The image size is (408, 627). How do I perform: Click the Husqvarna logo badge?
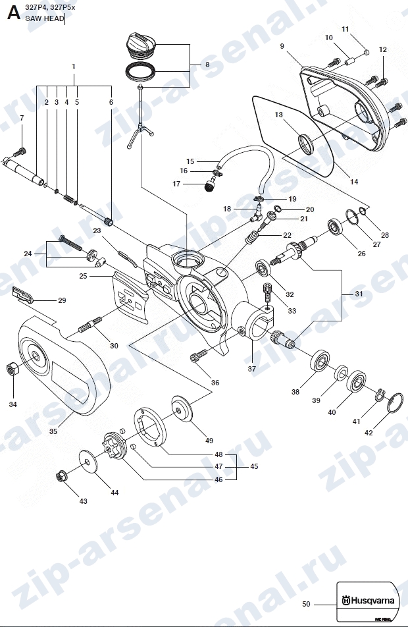click(x=367, y=601)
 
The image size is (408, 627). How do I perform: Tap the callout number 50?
click(x=306, y=604)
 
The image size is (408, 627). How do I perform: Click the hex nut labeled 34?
click(x=13, y=368)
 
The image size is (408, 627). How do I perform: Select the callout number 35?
click(x=53, y=431)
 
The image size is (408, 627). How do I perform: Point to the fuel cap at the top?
click(x=141, y=42)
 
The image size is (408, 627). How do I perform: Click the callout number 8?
click(x=207, y=65)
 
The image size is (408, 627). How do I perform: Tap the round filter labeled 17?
click(x=209, y=186)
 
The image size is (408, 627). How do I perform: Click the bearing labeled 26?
click(x=335, y=227)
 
